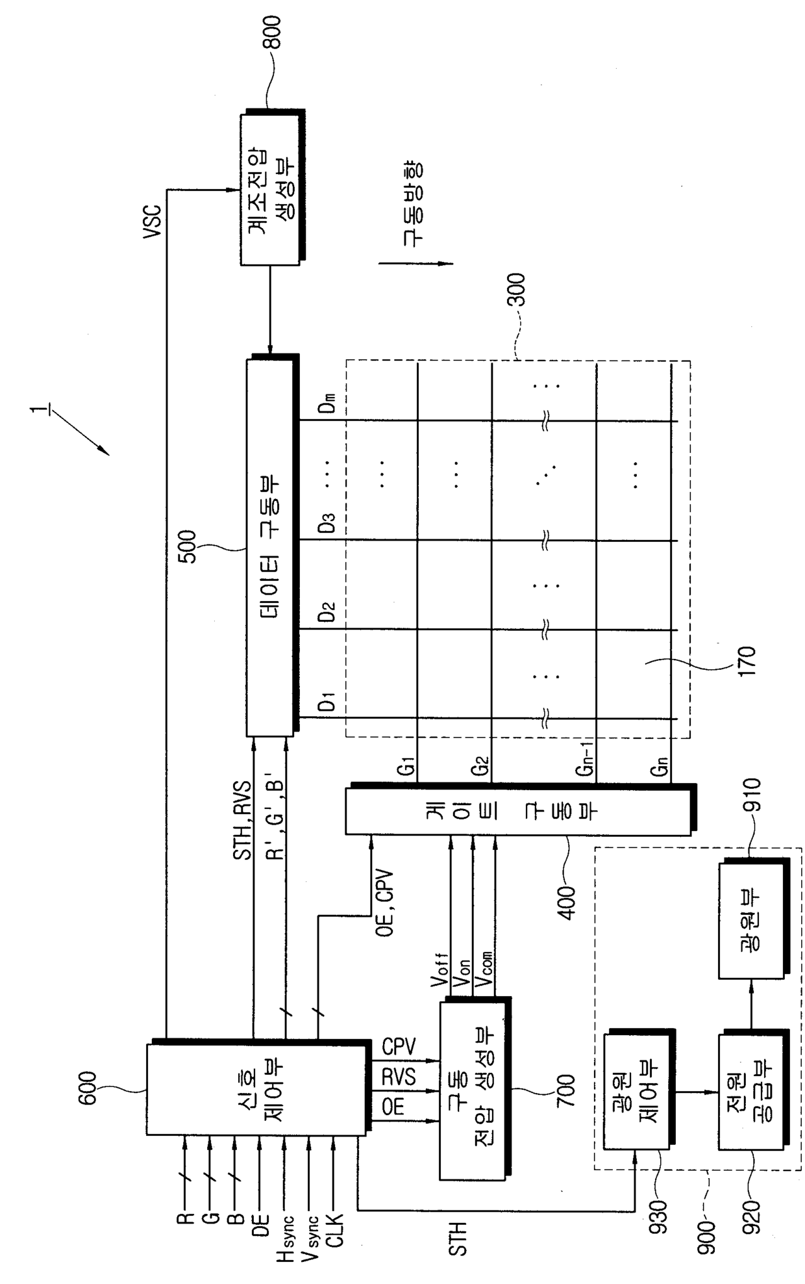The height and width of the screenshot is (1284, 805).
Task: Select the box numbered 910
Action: pos(751,922)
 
